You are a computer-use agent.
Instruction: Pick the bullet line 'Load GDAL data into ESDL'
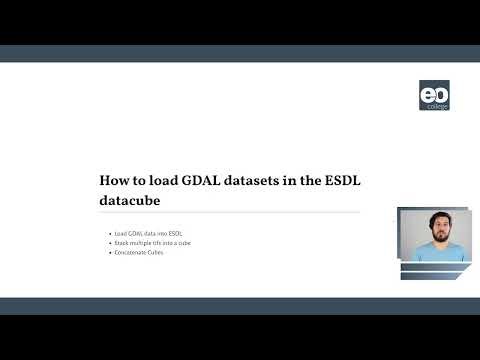[148, 234]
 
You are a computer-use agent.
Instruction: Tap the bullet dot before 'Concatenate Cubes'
[109, 252]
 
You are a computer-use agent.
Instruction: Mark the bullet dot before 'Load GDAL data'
[109, 234]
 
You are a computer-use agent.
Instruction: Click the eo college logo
[434, 95]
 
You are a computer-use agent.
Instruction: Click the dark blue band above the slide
[240, 54]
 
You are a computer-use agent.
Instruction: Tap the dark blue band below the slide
[240, 306]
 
